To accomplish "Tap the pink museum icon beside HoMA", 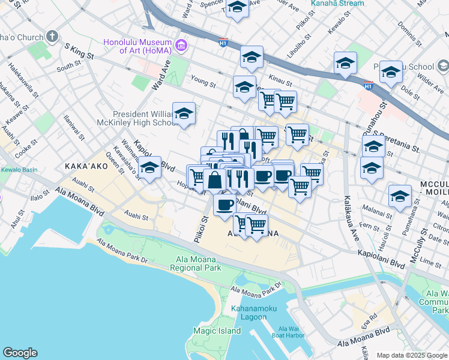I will [180, 45].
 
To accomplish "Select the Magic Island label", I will [217, 331].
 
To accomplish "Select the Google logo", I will [20, 353].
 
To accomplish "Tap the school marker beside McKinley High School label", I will [184, 113].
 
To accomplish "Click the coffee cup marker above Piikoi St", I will [224, 204].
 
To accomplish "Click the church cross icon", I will [52, 37].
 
